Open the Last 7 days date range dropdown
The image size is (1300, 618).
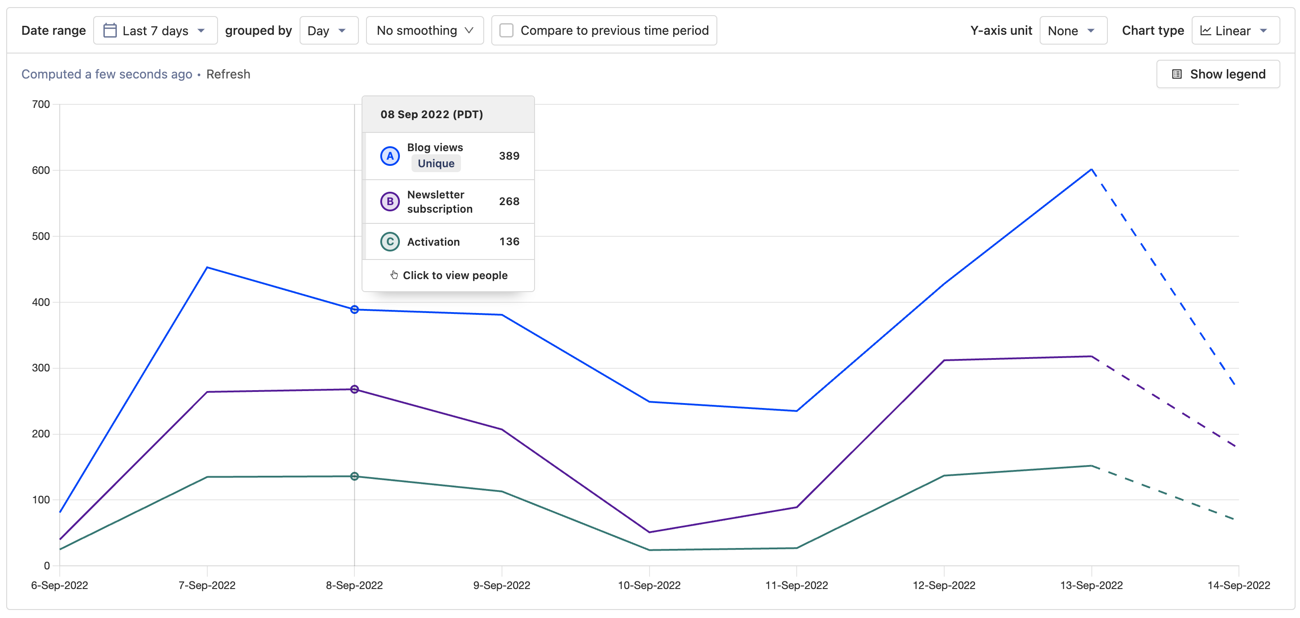point(155,31)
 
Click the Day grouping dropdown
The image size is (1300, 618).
point(328,31)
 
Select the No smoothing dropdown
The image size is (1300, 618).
point(424,31)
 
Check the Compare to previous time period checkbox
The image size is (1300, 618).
point(506,31)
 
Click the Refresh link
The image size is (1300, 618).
point(228,74)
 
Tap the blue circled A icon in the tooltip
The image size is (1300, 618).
point(390,156)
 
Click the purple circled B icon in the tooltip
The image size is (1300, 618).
point(390,202)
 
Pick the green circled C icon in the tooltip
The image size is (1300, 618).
point(390,242)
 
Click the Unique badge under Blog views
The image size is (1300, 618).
point(436,164)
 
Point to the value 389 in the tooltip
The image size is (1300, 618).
point(509,156)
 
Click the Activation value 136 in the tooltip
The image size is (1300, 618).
point(509,242)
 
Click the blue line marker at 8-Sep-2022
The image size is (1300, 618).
point(354,309)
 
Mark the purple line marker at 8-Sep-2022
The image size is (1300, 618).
point(354,389)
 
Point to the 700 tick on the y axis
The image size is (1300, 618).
point(41,104)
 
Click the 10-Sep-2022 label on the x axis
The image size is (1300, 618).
point(649,585)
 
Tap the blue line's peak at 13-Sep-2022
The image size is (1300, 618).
point(1091,169)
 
